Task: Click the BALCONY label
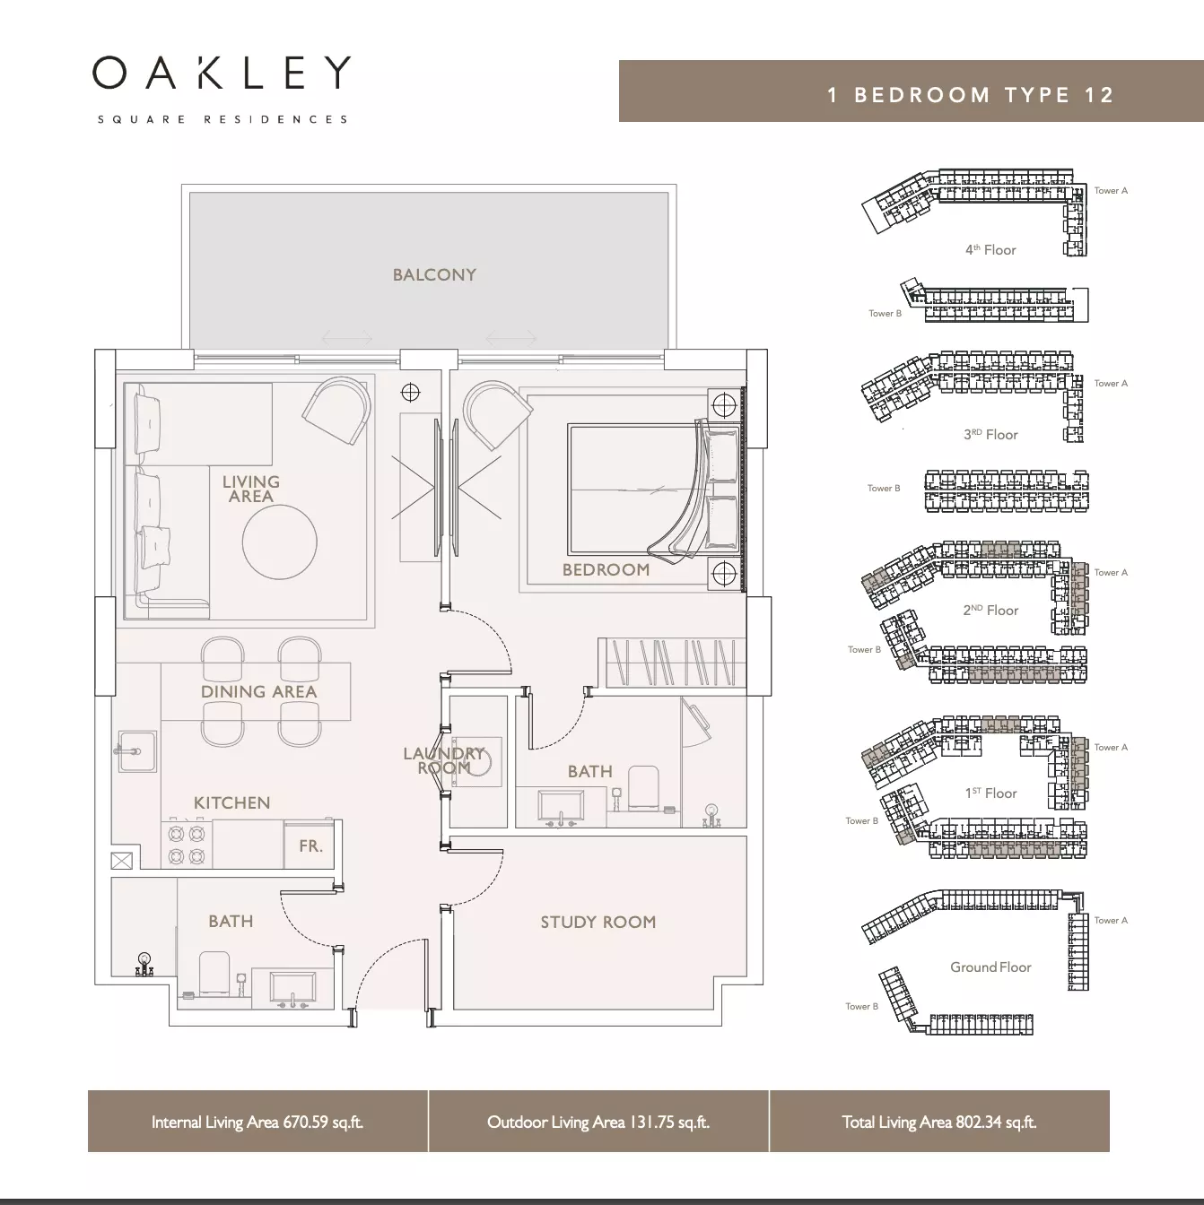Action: click(434, 274)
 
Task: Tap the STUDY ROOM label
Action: click(598, 922)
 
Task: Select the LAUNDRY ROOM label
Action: click(444, 760)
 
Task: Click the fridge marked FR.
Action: click(310, 845)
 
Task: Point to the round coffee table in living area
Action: click(280, 542)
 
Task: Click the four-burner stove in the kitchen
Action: click(187, 845)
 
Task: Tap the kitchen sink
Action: click(136, 751)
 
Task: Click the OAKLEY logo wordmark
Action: click(222, 73)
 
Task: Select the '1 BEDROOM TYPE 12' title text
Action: click(971, 95)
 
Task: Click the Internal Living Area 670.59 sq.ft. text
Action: click(257, 1122)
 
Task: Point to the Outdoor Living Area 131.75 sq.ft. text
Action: click(598, 1122)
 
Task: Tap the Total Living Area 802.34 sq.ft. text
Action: click(938, 1122)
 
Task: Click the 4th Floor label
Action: click(990, 249)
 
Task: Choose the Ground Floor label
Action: click(990, 967)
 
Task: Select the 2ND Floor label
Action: click(990, 610)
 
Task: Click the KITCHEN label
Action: click(231, 803)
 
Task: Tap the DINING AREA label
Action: click(258, 691)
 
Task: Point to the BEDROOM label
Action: click(606, 569)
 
